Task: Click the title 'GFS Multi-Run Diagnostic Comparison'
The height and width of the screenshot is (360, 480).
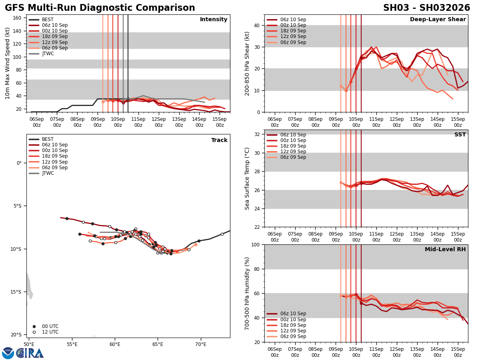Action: [x=100, y=8]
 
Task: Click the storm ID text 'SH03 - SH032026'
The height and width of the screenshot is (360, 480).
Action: [x=426, y=8]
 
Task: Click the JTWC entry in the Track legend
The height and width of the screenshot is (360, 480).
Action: [x=48, y=173]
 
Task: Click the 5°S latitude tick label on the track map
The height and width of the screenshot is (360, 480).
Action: [x=16, y=206]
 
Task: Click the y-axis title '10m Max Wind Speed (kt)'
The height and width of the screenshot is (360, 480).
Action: [x=8, y=63]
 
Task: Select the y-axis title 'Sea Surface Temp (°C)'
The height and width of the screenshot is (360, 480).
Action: [x=247, y=178]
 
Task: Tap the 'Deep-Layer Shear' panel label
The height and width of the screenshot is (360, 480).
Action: [x=438, y=20]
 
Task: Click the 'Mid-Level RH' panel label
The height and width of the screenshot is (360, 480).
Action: [x=445, y=250]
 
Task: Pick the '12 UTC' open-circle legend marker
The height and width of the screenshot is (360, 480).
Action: [x=34, y=332]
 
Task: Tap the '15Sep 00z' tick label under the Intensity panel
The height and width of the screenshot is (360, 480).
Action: [x=220, y=122]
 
